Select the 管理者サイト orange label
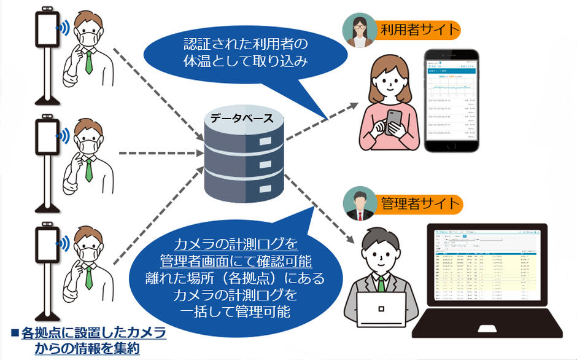coord(419,203)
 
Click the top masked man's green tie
coord(89,61)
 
